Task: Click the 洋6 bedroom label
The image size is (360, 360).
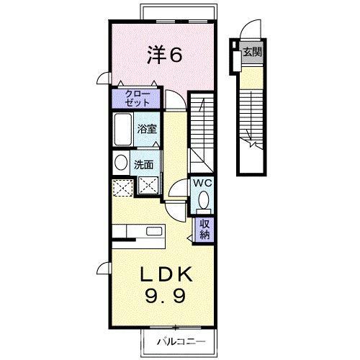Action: click(165, 55)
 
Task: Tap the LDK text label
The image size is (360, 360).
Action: click(166, 274)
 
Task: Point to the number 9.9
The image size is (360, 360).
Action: click(165, 296)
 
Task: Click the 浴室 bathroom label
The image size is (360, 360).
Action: click(147, 129)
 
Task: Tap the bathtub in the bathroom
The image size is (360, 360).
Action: click(123, 130)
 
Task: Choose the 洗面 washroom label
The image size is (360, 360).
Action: click(143, 165)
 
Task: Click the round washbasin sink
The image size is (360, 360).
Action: click(121, 163)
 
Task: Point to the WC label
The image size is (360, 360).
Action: click(203, 184)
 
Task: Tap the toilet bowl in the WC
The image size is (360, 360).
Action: click(204, 200)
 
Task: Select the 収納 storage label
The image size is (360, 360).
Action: click(204, 230)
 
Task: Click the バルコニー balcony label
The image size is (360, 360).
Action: click(181, 341)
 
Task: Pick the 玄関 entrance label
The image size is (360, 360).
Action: click(252, 52)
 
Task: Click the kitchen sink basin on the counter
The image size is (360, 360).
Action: click(154, 232)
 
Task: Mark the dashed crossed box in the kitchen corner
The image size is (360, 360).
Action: click(122, 188)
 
